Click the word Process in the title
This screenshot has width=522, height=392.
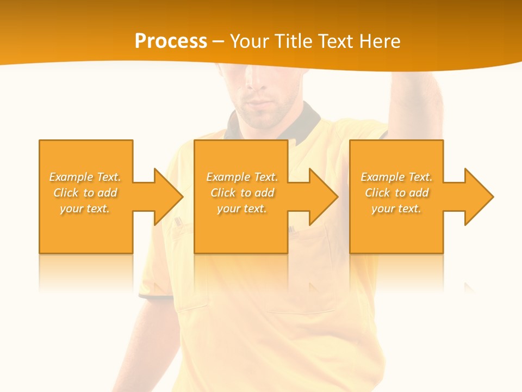(171, 41)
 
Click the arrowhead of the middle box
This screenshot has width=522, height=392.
(323, 197)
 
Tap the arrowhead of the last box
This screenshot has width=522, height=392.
(478, 197)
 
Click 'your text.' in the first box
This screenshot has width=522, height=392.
(85, 209)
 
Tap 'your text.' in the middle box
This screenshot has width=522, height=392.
(241, 209)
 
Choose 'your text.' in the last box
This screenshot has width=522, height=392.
(396, 209)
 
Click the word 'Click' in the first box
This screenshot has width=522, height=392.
(66, 193)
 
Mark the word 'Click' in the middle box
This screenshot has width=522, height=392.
(223, 193)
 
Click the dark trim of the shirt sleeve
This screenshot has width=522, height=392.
(155, 297)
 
